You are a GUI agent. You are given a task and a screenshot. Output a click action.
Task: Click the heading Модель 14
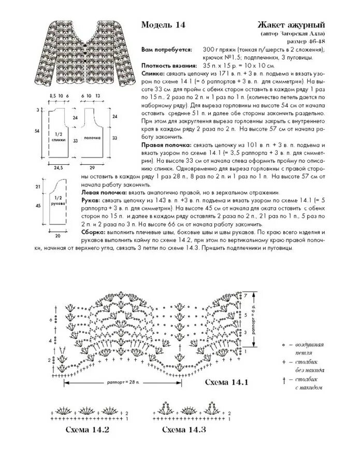pos(163,24)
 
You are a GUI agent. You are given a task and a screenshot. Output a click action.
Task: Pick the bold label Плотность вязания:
pos(169,66)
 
